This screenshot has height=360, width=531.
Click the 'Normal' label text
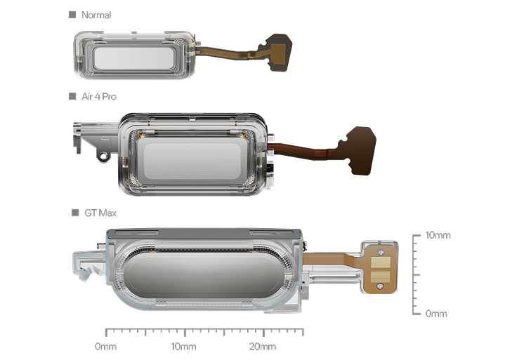96,15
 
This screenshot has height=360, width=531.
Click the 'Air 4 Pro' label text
99,97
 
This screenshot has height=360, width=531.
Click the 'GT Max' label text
100,213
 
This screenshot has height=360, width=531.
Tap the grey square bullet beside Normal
72,15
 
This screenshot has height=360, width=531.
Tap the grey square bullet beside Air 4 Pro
72,96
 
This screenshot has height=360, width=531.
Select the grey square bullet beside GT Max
75,213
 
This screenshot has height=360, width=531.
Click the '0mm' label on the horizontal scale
105,347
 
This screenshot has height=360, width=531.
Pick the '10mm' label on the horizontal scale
183,347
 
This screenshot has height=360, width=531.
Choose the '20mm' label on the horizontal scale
263,347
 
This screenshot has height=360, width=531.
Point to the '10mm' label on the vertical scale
438,235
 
